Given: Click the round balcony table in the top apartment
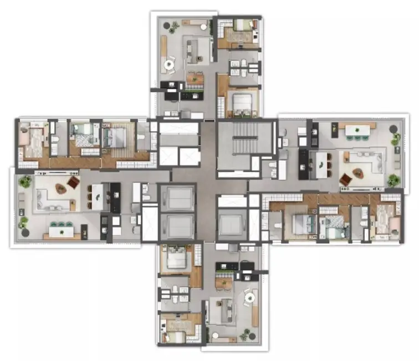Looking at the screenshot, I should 168,65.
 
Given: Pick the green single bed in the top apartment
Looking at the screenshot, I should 241,26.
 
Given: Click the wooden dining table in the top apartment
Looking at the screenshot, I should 194,79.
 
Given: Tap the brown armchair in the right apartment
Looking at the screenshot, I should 345,178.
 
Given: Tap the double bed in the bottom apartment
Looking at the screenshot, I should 176,259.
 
